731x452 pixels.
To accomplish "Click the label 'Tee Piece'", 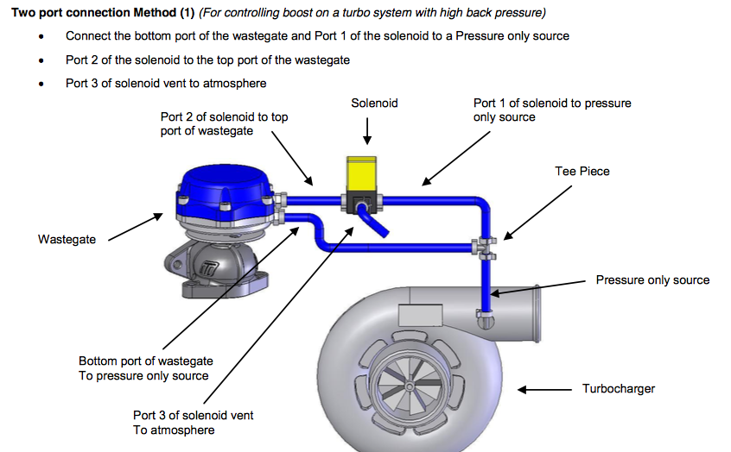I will [x=582, y=172].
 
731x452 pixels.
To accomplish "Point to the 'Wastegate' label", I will [x=67, y=239].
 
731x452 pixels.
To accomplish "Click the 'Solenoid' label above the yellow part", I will [x=374, y=103].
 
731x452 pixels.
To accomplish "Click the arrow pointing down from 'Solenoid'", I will [x=369, y=130].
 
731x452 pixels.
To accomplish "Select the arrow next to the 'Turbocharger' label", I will [x=543, y=390].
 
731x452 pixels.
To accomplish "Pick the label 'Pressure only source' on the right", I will [x=652, y=280].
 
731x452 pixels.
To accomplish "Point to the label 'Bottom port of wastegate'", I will [x=145, y=361].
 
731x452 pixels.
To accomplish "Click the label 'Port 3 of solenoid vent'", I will [x=193, y=416].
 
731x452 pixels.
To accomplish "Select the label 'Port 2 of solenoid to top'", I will [x=224, y=116].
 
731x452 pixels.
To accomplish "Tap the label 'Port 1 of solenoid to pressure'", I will [x=552, y=104].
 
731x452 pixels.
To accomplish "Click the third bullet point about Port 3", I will [x=166, y=84].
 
